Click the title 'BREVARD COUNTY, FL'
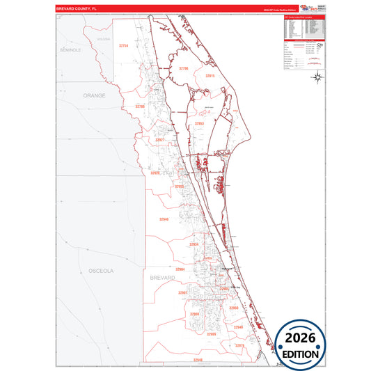[81, 10]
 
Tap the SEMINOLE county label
[71, 51]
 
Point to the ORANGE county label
[94, 95]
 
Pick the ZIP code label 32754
[124, 45]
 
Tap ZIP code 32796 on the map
[184, 68]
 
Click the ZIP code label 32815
[210, 75]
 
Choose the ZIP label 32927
[160, 140]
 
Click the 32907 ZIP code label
[182, 293]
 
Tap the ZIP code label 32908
[194, 314]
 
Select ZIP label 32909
[212, 335]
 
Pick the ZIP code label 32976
[239, 345]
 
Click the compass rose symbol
[317, 77]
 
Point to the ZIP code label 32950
[234, 308]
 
